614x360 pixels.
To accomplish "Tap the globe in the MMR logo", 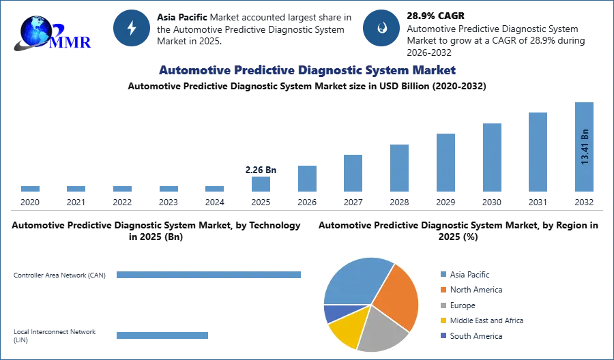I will (35, 30).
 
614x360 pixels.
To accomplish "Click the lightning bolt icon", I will (132, 28).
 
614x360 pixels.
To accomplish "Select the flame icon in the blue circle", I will (381, 28).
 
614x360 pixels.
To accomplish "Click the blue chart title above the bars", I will (307, 70).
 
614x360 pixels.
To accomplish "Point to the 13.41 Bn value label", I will (585, 146).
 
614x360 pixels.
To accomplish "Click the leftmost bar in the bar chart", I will (30, 191).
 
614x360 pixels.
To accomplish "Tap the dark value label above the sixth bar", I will (261, 168).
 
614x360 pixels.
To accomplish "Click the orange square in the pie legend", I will (443, 290).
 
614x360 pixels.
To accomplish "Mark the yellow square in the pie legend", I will (443, 320).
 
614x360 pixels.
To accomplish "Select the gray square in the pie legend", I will (443, 305).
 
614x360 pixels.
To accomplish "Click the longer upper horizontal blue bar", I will (210, 273).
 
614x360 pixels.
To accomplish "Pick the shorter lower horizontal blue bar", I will (164, 335).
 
